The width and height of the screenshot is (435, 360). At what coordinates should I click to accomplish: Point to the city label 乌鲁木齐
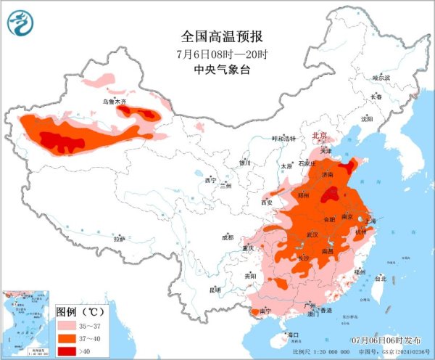click(x=114, y=102)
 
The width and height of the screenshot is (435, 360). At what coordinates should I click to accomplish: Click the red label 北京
click(x=319, y=136)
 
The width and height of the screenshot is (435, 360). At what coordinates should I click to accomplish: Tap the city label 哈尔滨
click(x=381, y=78)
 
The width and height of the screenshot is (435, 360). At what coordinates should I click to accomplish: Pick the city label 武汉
click(x=313, y=234)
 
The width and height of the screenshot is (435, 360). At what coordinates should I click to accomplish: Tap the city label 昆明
click(x=215, y=290)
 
